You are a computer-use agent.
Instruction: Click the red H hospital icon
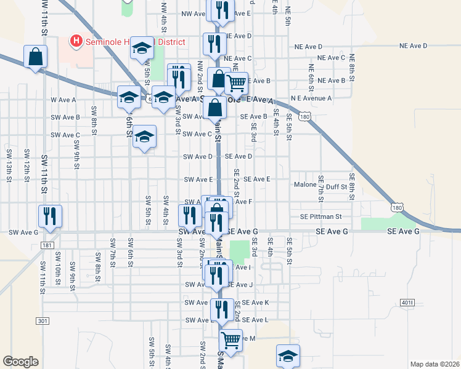76,41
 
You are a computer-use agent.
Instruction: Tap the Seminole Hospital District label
134,42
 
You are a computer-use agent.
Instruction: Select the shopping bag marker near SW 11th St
36,57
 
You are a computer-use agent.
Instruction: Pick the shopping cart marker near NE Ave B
236,82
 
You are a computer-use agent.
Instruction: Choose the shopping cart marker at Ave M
230,339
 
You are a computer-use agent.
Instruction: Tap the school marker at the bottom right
288,355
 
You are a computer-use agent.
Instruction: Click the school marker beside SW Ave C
144,137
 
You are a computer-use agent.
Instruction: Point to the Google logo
20,362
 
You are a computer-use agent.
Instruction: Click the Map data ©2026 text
434,364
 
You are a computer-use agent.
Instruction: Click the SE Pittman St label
320,216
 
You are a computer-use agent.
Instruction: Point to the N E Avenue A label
312,98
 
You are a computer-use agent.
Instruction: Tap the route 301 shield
42,321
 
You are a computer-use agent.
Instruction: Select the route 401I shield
407,303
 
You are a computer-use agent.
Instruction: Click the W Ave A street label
63,100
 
